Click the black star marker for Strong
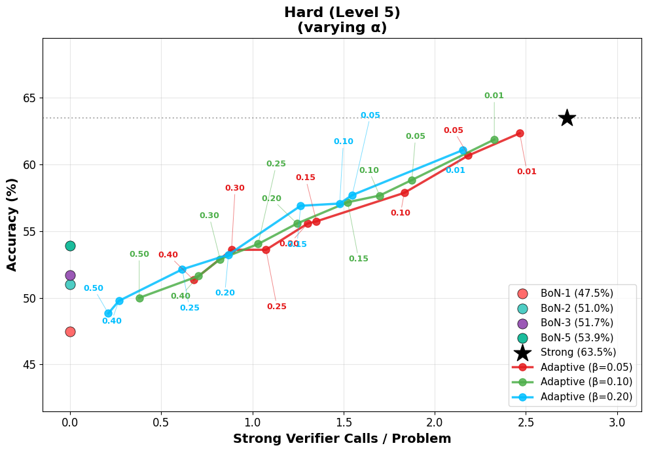coord(567,118)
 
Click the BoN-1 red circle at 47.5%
coord(70,331)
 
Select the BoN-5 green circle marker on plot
coord(70,246)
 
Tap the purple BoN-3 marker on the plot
coord(70,275)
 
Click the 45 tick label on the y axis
coord(29,365)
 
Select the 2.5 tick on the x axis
coord(526,423)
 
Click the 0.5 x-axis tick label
coord(161,423)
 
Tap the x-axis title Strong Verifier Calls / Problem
coord(342,439)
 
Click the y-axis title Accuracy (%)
coord(12,225)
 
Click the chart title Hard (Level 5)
coord(342,12)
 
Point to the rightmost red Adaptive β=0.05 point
coord(520,133)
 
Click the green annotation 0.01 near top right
coord(494,96)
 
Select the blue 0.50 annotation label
coord(93,288)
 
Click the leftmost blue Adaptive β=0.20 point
coord(108,313)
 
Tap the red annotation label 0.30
coord(234,188)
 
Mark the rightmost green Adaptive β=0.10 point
coord(494,140)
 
